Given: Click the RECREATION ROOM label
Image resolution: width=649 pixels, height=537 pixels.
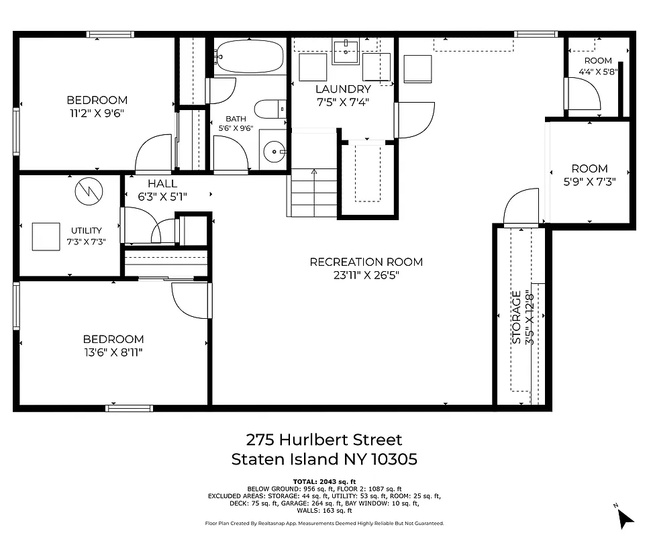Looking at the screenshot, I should [366, 262].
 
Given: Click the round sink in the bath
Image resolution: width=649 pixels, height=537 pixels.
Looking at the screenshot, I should [274, 152].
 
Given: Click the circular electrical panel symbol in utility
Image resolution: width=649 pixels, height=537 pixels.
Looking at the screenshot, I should [89, 193].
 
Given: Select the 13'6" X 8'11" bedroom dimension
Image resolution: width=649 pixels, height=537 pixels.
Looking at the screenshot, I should [113, 352].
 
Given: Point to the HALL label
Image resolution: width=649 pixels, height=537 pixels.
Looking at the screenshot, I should [162, 183].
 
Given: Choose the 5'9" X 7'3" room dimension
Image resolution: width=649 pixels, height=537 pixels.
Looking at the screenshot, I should [589, 181].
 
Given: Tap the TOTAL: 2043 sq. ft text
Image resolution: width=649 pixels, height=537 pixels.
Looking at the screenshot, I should [324, 482].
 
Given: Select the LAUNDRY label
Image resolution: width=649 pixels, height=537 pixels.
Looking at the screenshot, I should [342, 89].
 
